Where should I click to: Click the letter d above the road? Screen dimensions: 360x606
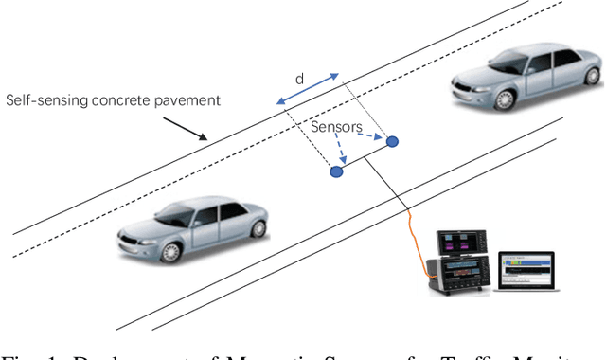(x=299, y=80)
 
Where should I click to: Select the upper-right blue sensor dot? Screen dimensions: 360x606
(x=392, y=141)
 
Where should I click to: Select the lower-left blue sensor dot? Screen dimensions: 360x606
(x=335, y=171)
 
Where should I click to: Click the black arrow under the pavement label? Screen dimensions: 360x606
(x=186, y=126)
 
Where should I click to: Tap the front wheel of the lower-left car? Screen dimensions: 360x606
(x=169, y=251)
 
